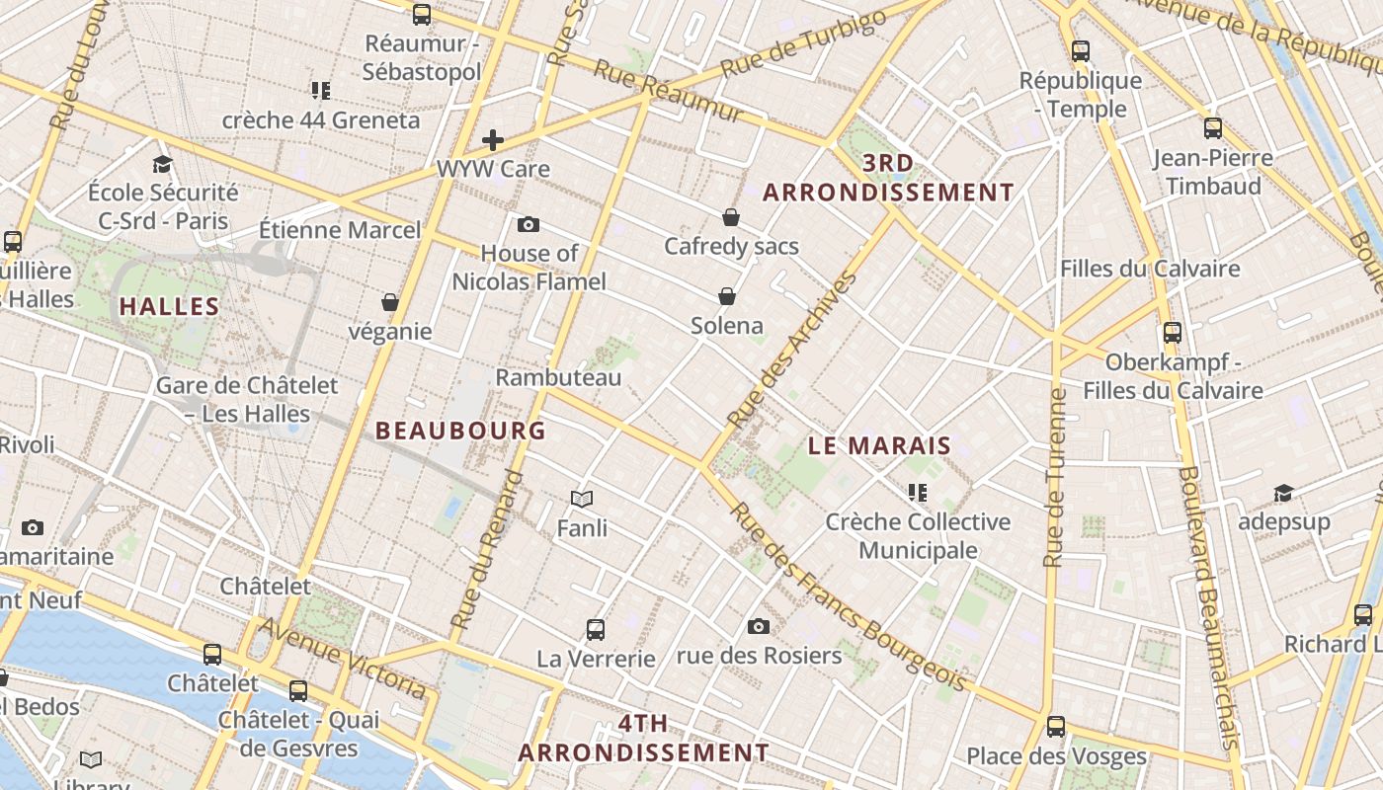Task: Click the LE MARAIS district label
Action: pos(879,445)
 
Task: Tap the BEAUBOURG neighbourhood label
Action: pos(460,431)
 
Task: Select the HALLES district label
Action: pos(169,306)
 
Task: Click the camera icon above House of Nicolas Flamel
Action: pos(529,224)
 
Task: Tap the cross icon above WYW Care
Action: pos(493,140)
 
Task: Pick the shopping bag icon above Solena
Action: pos(727,296)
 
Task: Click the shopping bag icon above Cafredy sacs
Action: pos(731,217)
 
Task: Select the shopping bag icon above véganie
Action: pos(390,302)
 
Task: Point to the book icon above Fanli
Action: pos(582,500)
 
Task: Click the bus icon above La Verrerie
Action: pos(596,629)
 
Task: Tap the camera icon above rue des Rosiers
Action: pos(759,626)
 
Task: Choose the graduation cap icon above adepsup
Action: pos(1283,493)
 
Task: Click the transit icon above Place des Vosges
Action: pos(1056,728)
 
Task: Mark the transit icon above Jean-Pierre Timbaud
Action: pos(1213,128)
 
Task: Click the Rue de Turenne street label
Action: pos(1056,478)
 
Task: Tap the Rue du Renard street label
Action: pos(488,550)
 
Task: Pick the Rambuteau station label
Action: pos(558,377)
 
